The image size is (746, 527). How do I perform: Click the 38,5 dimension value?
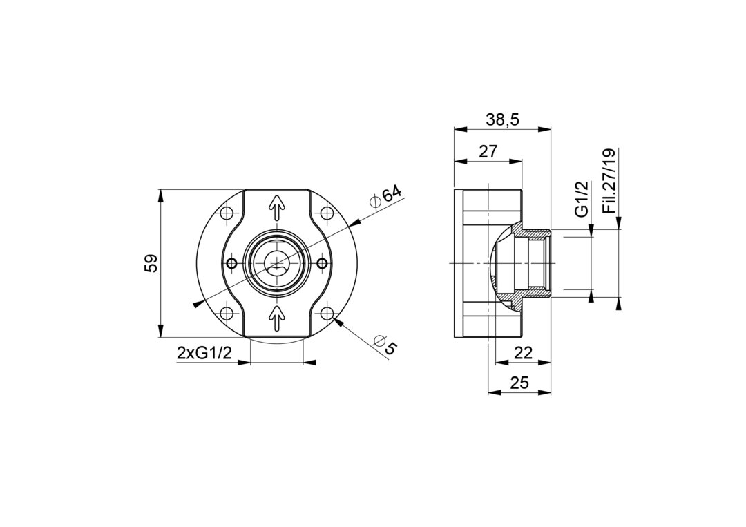point(502,120)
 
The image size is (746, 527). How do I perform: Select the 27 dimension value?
point(488,152)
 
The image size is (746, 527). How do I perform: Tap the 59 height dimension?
point(151,264)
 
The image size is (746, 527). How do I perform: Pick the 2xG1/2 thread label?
point(204,353)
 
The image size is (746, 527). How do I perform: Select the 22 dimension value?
point(524,353)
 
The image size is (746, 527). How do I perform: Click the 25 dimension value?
point(519,383)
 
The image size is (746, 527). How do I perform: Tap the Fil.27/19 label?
point(609,181)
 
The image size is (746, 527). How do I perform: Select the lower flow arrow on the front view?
point(277,318)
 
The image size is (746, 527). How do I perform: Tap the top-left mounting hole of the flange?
point(228,213)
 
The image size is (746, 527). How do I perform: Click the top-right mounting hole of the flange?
point(326,213)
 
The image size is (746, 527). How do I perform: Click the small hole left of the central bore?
point(232,262)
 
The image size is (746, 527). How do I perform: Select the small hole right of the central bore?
point(322,262)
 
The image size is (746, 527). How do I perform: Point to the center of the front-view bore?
point(277,262)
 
